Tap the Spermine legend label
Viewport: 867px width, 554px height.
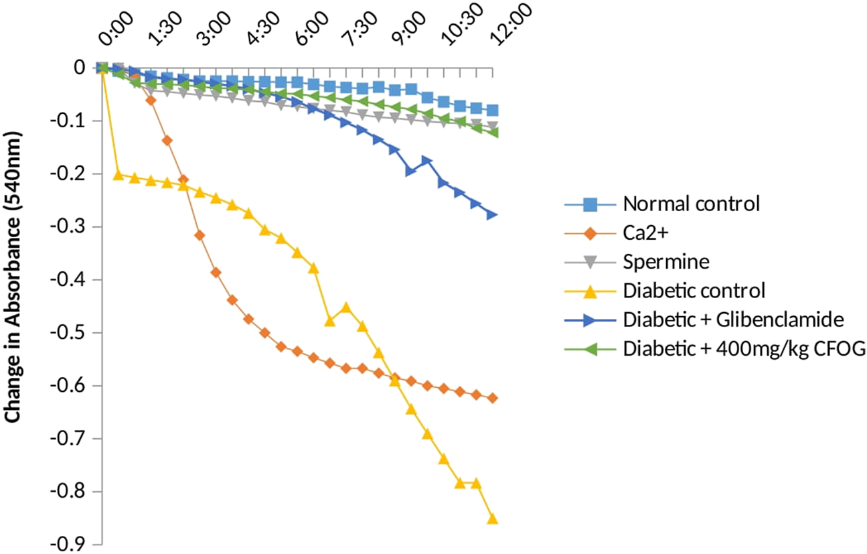665,263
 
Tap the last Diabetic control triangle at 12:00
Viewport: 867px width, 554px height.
492,518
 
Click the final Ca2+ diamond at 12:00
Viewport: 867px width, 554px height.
493,398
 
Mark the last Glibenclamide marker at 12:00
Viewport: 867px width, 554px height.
492,215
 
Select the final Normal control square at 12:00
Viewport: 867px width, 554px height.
493,111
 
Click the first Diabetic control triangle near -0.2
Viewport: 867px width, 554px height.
119,175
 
